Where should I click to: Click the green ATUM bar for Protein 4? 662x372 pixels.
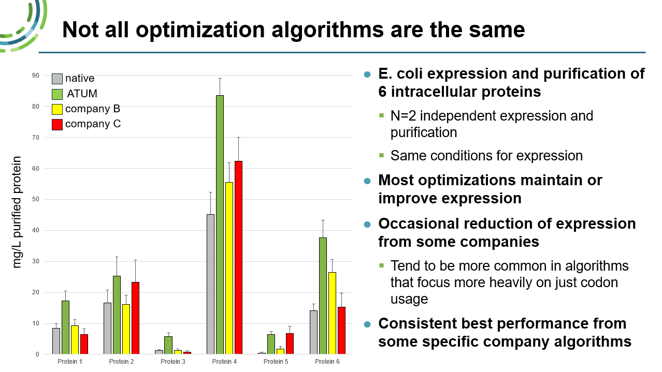click(220, 225)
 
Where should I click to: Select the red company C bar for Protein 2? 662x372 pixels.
click(136, 318)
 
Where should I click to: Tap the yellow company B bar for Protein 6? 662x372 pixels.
click(332, 313)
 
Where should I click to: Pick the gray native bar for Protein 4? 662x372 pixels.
click(210, 284)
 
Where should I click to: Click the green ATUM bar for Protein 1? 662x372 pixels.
click(65, 327)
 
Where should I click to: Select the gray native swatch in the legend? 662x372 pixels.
click(57, 79)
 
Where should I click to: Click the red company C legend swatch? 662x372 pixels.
click(57, 124)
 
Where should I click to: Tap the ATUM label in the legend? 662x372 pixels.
click(82, 94)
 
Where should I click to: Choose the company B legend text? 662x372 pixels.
click(93, 109)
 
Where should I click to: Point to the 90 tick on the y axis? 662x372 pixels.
click(35, 76)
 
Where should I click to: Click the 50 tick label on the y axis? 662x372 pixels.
click(35, 199)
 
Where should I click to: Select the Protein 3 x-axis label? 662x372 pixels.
click(173, 362)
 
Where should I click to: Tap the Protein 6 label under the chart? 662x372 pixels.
click(327, 362)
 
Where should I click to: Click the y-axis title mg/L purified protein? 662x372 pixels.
click(17, 212)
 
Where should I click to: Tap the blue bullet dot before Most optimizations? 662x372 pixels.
click(368, 181)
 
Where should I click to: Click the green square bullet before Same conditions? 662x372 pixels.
click(382, 155)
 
